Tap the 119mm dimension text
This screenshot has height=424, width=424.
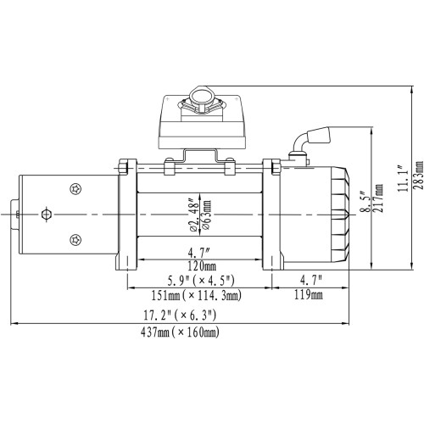pyautogui.click(x=309, y=296)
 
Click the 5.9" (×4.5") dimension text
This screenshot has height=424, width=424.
pyautogui.click(x=197, y=280)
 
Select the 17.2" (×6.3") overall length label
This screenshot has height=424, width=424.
pyautogui.click(x=181, y=315)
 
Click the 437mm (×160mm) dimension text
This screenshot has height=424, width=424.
pyautogui.click(x=181, y=332)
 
